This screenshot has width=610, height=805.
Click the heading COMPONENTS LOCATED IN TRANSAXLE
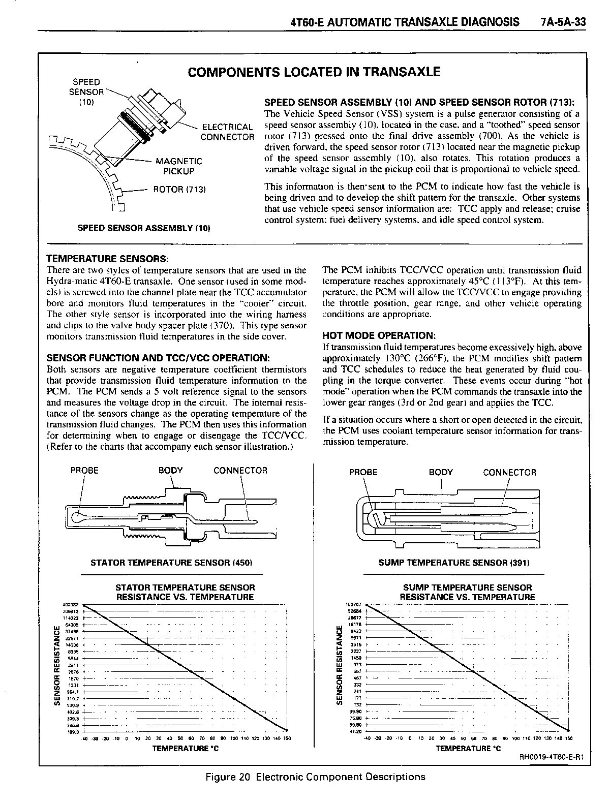pyautogui.click(x=314, y=72)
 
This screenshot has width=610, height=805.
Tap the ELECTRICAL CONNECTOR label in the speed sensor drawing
pyautogui.click(x=227, y=132)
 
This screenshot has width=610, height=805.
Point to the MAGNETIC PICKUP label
pyautogui.click(x=178, y=166)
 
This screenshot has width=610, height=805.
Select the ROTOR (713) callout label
pyautogui.click(x=179, y=190)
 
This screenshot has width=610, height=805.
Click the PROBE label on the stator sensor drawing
pyautogui.click(x=84, y=470)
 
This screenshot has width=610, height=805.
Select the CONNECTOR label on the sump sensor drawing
pyautogui.click(x=509, y=472)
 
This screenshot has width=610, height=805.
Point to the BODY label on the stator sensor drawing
pyautogui.click(x=170, y=470)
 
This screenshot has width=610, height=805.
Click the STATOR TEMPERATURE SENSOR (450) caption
pyautogui.click(x=171, y=563)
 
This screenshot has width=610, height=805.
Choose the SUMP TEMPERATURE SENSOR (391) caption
pyautogui.click(x=454, y=563)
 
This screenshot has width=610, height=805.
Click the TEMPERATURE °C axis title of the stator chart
pyautogui.click(x=186, y=748)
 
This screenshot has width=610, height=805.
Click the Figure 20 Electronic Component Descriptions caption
pyautogui.click(x=315, y=777)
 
